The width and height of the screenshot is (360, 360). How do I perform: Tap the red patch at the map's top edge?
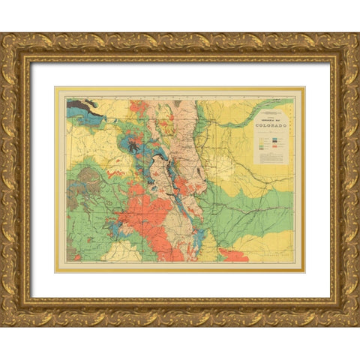(137, 105)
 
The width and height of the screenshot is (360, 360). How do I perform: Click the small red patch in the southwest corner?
(75, 256)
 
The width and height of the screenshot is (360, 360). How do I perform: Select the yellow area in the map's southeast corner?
(277, 240)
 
